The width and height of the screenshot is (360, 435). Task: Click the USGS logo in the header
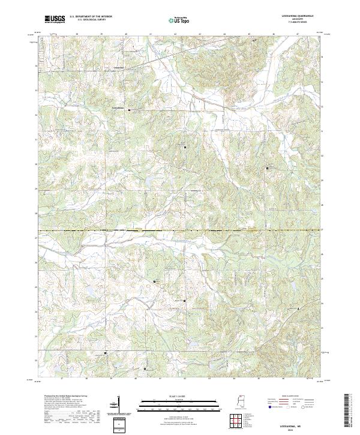click(55, 20)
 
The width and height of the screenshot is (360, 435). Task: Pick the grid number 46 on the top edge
click(274, 34)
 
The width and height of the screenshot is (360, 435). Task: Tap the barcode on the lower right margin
click(351, 413)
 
